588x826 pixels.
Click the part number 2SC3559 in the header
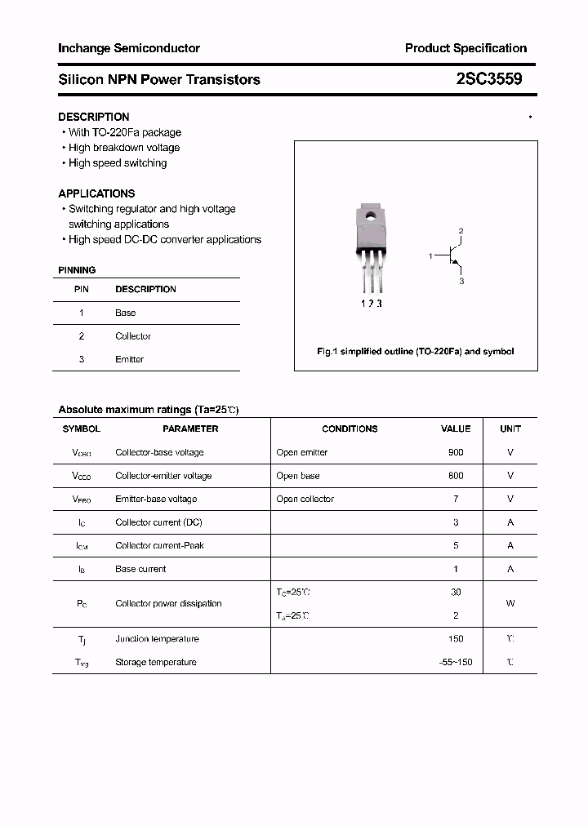tap(489, 79)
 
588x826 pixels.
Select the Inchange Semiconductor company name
tap(129, 48)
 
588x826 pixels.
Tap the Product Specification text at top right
tap(465, 48)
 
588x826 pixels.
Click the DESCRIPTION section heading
tap(93, 117)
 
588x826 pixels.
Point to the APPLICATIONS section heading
tap(96, 193)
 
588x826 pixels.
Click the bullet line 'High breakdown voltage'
tap(123, 148)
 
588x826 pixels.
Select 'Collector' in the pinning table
tap(133, 336)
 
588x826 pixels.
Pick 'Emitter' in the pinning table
tap(129, 359)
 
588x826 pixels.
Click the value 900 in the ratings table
tap(456, 452)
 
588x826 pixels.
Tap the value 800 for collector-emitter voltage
tap(456, 476)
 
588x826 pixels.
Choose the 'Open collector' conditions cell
tap(305, 499)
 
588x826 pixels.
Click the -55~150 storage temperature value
tap(456, 662)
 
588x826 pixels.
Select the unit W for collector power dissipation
tap(510, 604)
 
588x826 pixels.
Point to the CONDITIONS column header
tap(350, 429)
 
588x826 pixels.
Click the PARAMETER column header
tap(190, 429)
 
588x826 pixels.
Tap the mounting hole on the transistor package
tap(369, 216)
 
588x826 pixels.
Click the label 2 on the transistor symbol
tap(461, 232)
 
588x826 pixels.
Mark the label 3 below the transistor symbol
tap(461, 282)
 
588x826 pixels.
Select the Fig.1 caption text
tap(415, 352)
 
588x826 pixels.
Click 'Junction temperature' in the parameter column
tap(157, 639)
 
